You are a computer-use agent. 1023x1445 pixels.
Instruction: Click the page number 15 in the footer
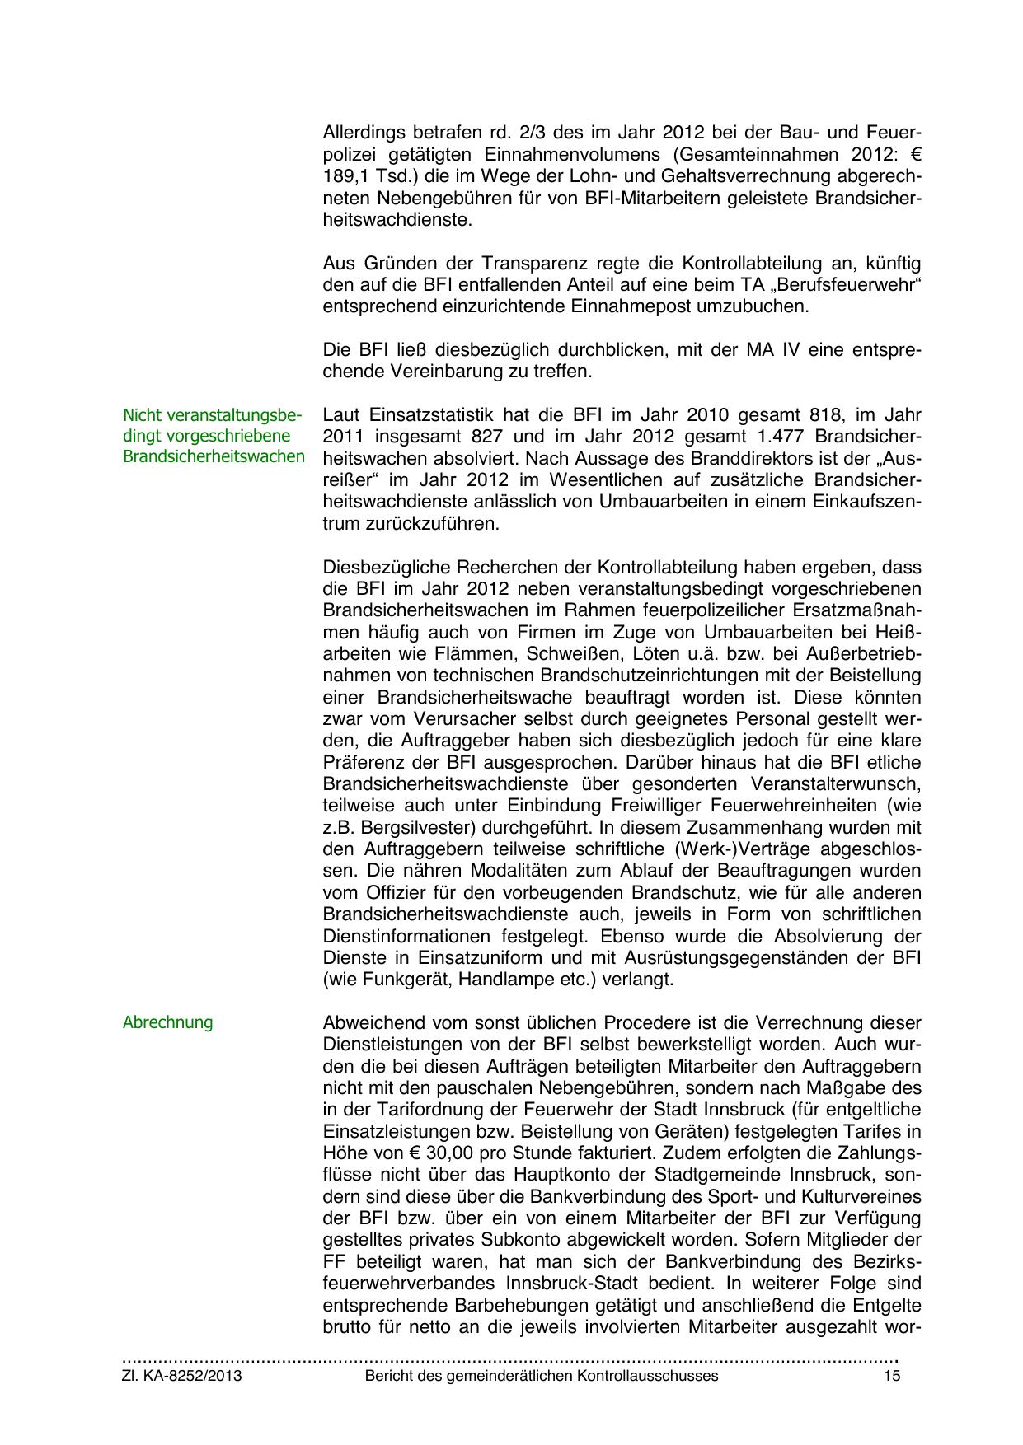(892, 1376)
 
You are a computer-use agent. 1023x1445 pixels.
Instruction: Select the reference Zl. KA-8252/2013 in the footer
(182, 1376)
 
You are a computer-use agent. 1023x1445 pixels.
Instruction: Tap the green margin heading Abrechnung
(167, 1022)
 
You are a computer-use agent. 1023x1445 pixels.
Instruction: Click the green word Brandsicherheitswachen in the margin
(214, 456)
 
